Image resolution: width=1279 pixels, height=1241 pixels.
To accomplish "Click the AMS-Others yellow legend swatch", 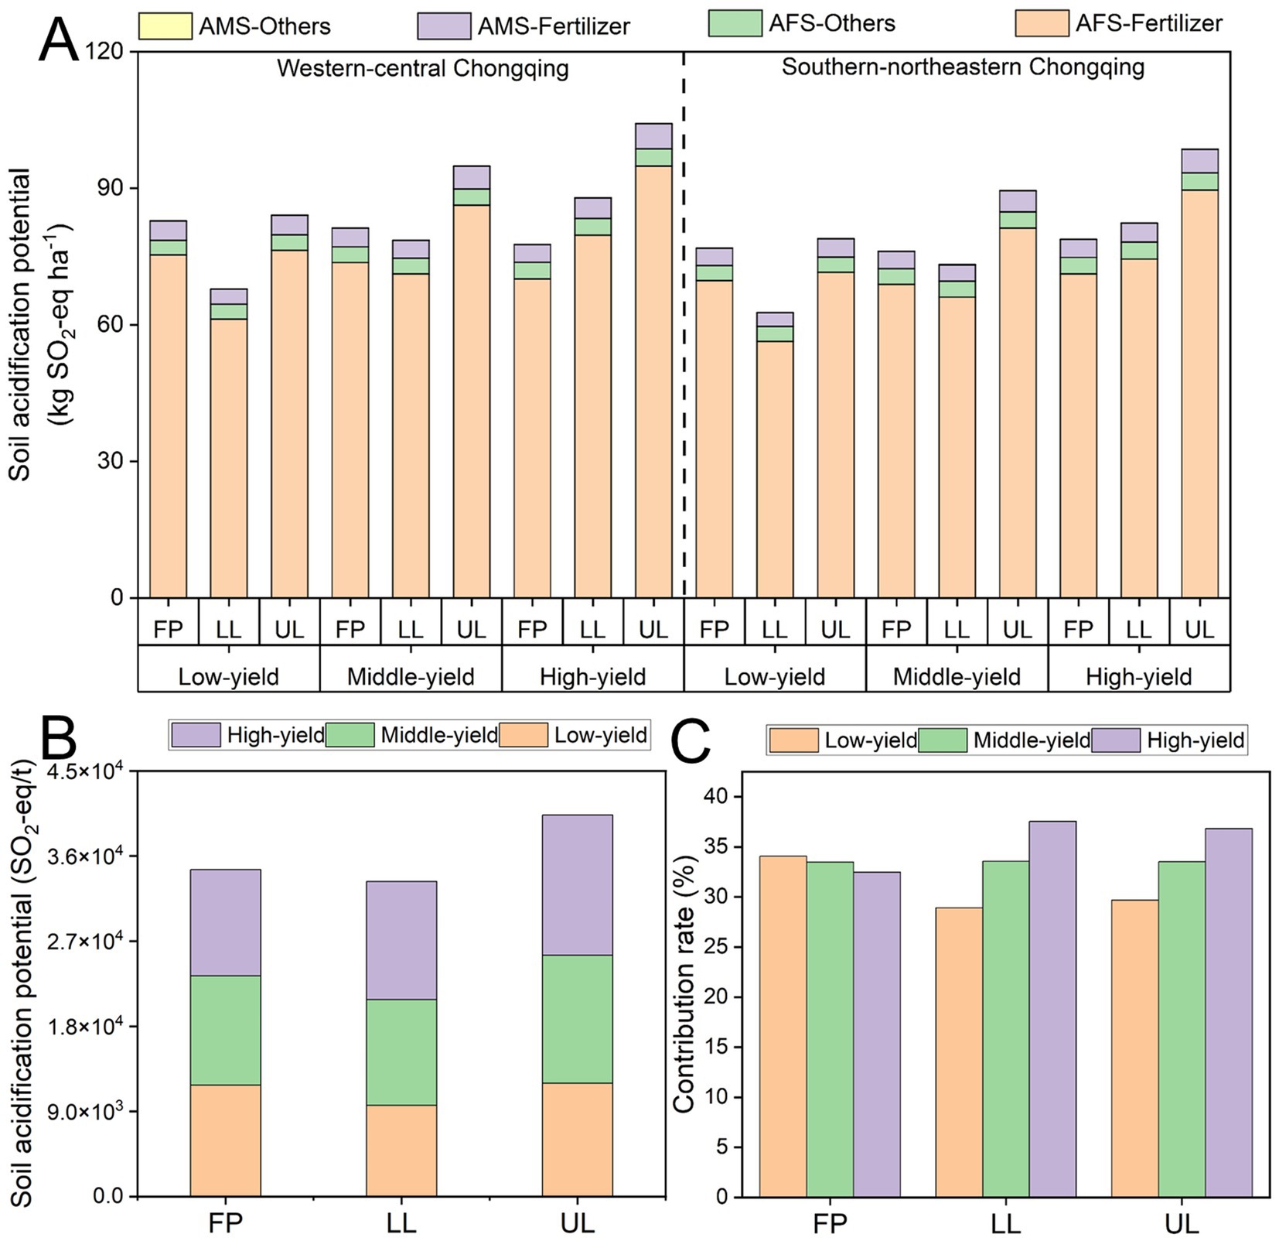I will [165, 26].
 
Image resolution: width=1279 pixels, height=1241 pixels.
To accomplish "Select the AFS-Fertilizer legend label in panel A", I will [1148, 23].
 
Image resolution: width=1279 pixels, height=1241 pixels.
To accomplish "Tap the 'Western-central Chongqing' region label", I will [422, 69].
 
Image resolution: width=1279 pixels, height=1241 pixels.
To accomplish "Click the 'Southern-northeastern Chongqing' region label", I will [963, 67].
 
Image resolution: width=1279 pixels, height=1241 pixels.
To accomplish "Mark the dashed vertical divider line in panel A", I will [684, 325].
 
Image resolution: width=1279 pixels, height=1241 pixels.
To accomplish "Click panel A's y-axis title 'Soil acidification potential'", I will [20, 325].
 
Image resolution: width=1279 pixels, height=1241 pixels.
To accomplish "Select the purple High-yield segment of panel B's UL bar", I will [577, 884].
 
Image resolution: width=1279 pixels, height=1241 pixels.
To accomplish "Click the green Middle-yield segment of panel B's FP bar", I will [225, 1030].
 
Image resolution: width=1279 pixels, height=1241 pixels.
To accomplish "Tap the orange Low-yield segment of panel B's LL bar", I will [401, 1150].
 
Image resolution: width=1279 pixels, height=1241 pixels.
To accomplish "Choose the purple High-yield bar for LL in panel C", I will [1052, 1008].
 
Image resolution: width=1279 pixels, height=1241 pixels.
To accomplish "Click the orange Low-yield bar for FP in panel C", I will [783, 1026].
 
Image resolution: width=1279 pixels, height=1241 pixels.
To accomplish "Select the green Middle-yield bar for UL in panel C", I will [1182, 1029].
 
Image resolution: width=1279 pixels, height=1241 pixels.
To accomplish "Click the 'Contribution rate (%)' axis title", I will [684, 983].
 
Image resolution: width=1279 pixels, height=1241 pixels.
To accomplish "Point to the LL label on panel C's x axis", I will [1005, 1223].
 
